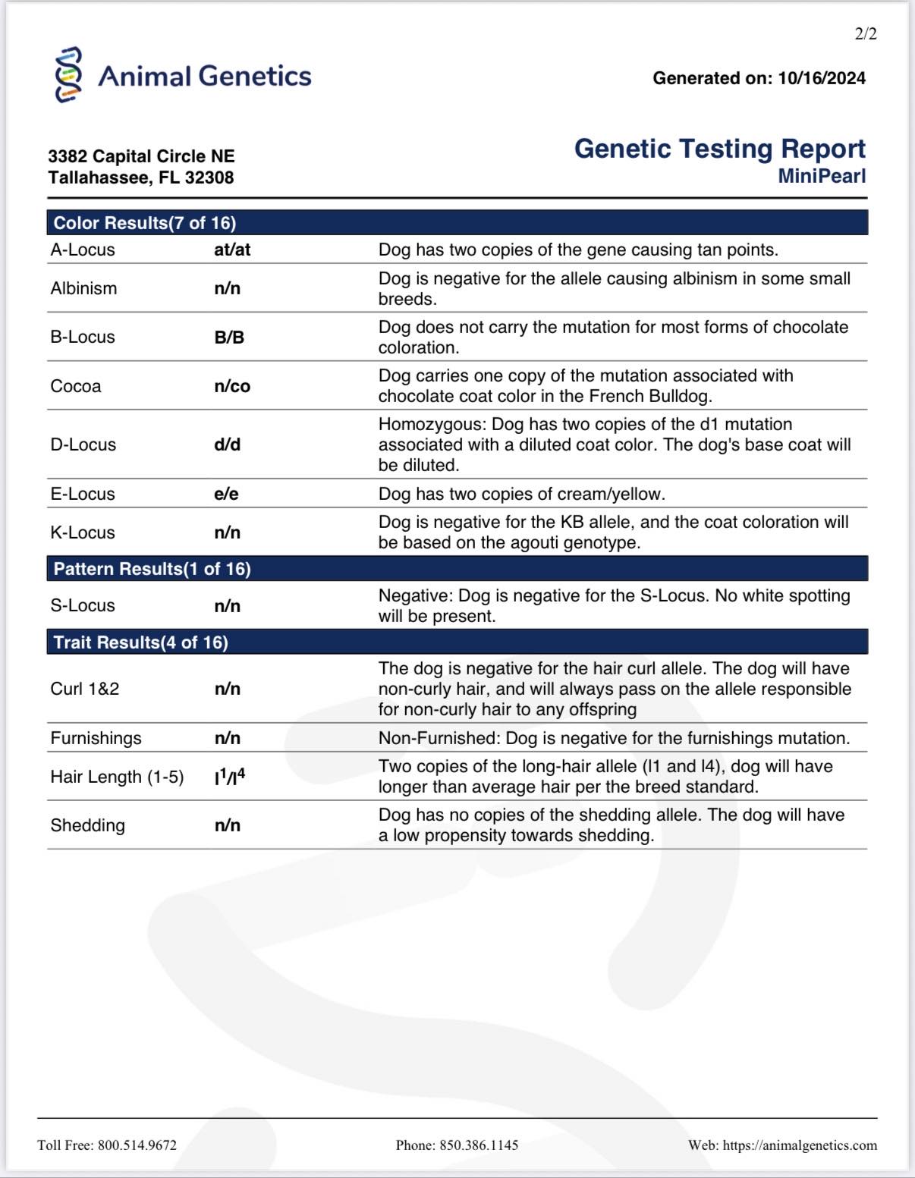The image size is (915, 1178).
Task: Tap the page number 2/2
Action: point(865,34)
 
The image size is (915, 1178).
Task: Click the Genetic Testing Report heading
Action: point(719,149)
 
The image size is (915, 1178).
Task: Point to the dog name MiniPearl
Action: point(822,176)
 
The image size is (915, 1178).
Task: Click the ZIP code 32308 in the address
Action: point(209,177)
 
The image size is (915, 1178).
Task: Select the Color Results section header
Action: point(145,223)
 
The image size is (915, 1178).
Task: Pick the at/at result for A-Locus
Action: point(232,250)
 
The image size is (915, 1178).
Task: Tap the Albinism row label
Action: point(83,288)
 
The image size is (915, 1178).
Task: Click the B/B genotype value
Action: point(229,338)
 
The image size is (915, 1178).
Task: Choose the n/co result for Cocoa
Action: point(232,386)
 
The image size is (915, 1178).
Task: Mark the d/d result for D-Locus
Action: point(228,444)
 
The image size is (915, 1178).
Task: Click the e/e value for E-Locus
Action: point(226,494)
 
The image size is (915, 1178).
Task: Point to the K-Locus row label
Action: point(83,532)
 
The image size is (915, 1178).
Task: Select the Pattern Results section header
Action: point(152,569)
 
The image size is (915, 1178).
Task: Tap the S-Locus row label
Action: point(83,605)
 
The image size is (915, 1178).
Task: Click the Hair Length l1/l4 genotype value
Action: point(230,777)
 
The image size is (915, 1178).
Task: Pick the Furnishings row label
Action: point(96,738)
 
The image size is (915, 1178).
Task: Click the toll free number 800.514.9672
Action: point(137,1145)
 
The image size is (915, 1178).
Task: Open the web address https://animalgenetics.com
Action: point(800,1145)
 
